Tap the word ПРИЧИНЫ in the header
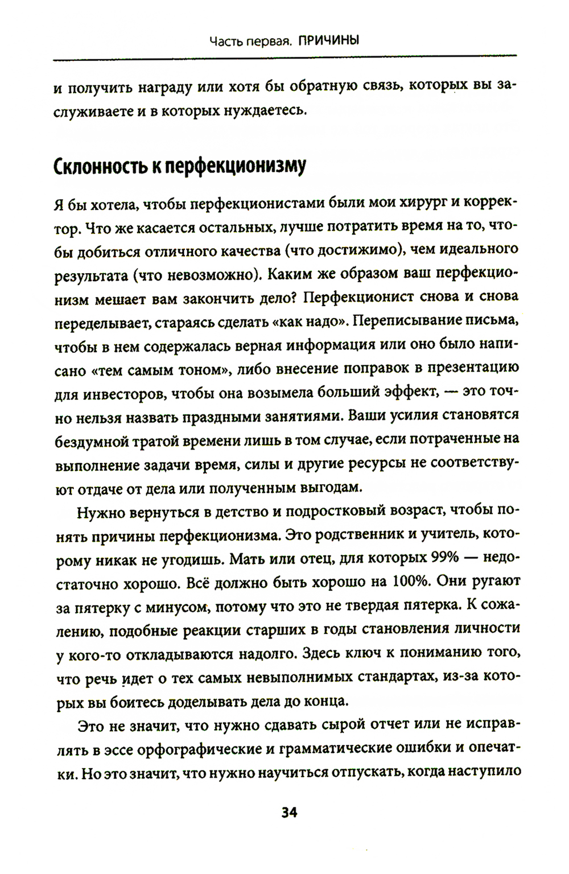point(328,41)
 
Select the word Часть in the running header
point(225,41)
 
